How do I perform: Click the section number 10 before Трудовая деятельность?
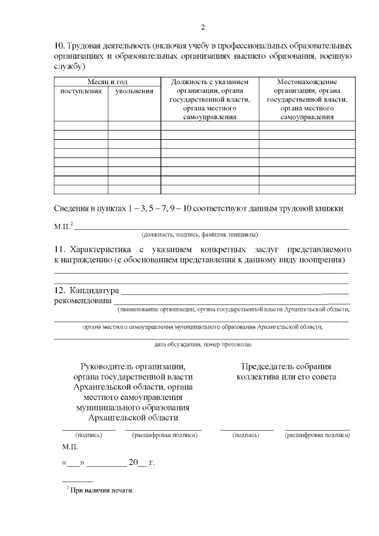pos(59,46)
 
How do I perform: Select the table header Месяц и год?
pos(107,82)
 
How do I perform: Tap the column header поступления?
pos(81,91)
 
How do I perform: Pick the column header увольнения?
pos(134,91)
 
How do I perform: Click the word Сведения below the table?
pos(72,208)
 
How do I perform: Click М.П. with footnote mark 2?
pos(63,226)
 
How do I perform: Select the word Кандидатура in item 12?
pos(94,291)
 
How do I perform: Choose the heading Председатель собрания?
pos(286,367)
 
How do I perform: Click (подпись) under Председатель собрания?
pos(246,435)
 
